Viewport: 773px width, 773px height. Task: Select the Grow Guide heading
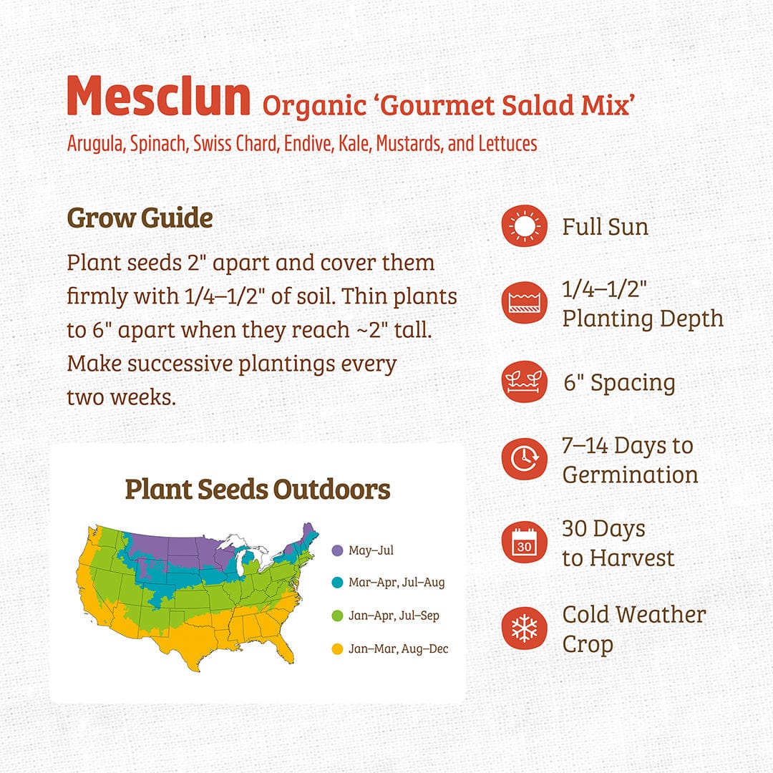(x=140, y=218)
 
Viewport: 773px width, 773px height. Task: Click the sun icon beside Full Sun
(x=524, y=227)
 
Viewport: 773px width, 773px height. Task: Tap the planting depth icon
(x=524, y=303)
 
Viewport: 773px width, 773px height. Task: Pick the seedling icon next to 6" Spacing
(x=524, y=381)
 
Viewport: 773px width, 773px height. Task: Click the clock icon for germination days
(x=524, y=459)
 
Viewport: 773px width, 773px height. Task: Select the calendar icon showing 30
(x=524, y=543)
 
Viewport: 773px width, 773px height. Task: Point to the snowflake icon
(x=524, y=628)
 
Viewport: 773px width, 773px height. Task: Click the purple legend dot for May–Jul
(x=338, y=550)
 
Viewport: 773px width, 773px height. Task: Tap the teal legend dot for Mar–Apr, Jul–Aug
(x=338, y=582)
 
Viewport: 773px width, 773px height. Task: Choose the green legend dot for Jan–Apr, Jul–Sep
(x=338, y=616)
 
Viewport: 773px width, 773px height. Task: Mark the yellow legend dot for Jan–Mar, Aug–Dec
(x=338, y=649)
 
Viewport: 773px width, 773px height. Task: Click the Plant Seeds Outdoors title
(x=258, y=490)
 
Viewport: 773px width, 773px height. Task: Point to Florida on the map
(x=284, y=647)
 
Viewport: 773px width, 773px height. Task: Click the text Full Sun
(x=605, y=227)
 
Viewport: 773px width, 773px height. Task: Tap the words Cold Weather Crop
(x=633, y=628)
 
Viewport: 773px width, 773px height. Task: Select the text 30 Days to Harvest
(x=618, y=543)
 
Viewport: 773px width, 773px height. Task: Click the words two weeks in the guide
(x=121, y=397)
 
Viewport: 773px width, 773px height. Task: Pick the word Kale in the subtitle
(x=351, y=143)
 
